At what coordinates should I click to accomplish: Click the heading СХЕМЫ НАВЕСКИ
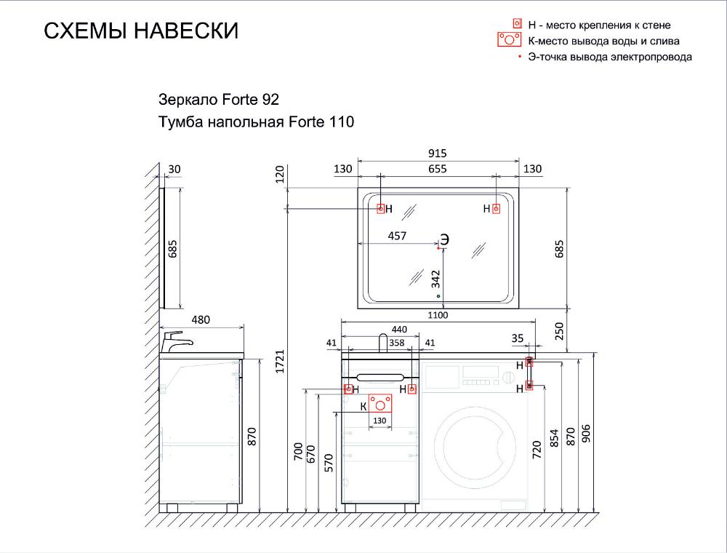(141, 31)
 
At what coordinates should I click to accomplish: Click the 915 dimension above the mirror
(437, 153)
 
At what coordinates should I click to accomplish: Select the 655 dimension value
(437, 168)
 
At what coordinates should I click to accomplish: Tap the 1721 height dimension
(280, 362)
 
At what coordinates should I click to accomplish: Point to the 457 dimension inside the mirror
(397, 236)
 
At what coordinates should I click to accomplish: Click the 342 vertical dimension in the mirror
(435, 279)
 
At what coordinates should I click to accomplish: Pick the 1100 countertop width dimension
(437, 315)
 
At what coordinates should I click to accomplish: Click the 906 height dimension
(586, 434)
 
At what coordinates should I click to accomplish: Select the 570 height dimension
(329, 463)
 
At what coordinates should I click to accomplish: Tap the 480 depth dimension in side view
(201, 319)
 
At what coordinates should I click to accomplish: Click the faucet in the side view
(175, 341)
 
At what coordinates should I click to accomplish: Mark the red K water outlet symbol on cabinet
(379, 403)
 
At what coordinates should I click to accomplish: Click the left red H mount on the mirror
(381, 209)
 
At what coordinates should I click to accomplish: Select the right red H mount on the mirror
(496, 209)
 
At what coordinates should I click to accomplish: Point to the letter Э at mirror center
(444, 239)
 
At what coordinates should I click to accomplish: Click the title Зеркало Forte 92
(218, 99)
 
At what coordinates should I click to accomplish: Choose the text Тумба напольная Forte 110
(256, 122)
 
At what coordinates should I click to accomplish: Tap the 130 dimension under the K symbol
(379, 421)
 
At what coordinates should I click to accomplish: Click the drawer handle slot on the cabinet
(380, 377)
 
